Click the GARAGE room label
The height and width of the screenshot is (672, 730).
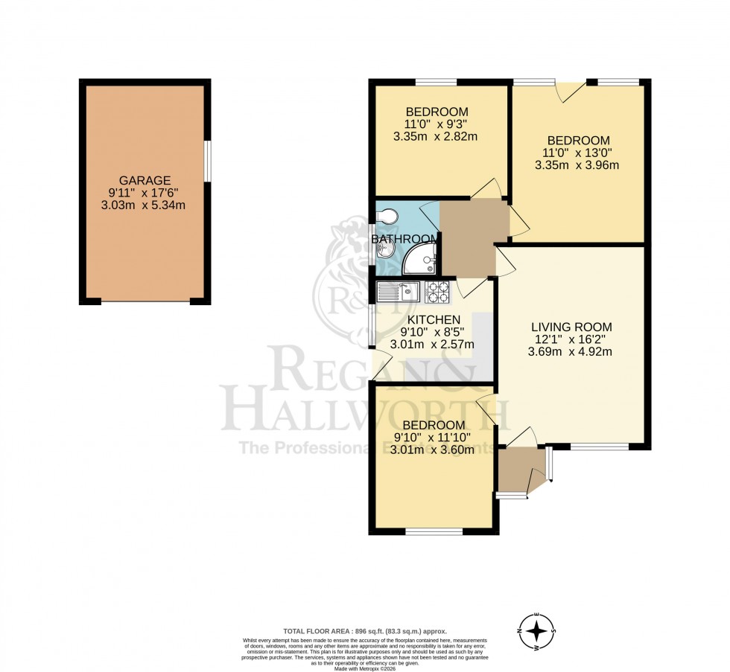tap(145, 180)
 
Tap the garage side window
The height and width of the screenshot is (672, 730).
tap(207, 160)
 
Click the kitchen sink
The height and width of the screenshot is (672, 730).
tap(399, 291)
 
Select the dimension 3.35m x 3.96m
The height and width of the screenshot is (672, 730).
tap(577, 165)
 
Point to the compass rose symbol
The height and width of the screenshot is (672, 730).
tap(536, 632)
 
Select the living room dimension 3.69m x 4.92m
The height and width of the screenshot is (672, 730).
tap(571, 352)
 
